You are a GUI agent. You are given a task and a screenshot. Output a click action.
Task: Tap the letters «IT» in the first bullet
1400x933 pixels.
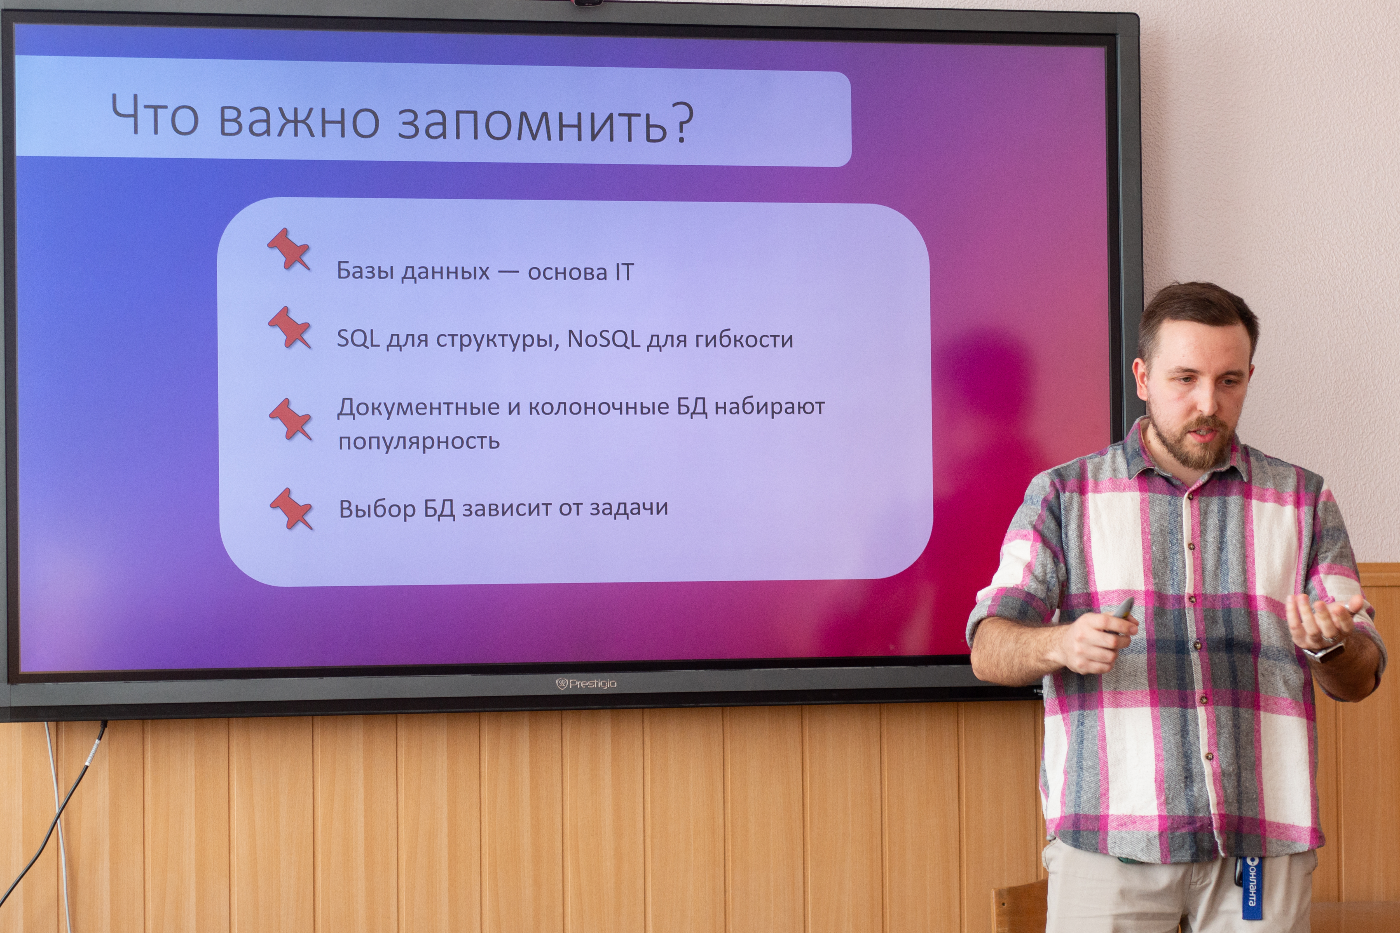tap(624, 272)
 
